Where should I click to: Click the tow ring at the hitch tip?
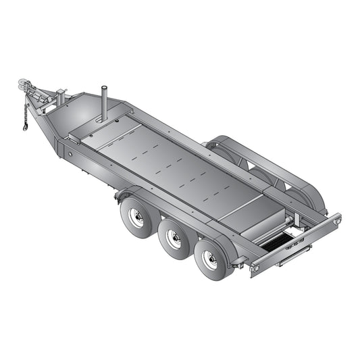[22, 84]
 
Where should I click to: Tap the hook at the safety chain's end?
[25, 126]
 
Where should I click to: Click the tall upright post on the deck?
[105, 103]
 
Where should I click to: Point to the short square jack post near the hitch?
[61, 96]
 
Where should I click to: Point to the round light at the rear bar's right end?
[336, 219]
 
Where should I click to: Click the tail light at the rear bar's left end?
[255, 268]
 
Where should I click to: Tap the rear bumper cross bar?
[297, 243]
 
